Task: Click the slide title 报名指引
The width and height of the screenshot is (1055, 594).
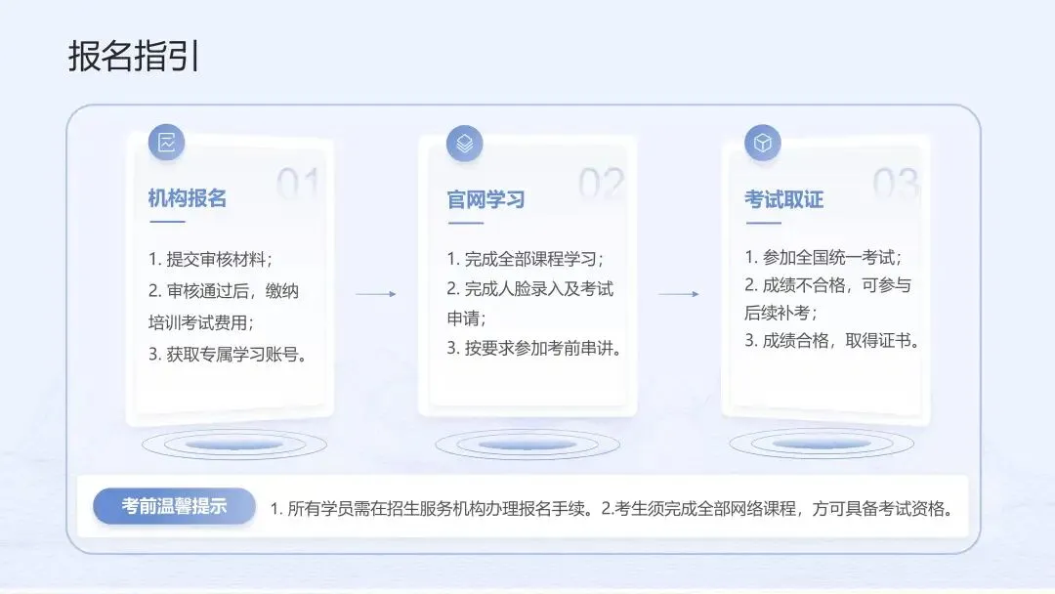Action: point(135,57)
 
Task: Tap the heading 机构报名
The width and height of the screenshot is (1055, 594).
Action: point(188,198)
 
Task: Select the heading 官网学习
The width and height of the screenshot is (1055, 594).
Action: point(486,199)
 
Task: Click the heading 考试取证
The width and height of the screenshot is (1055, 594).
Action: point(784,199)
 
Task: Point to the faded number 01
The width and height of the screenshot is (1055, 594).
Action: point(298,183)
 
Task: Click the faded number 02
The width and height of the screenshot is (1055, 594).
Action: point(601,183)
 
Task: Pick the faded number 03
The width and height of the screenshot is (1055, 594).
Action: point(895,183)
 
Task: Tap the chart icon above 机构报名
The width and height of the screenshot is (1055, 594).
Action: point(166,143)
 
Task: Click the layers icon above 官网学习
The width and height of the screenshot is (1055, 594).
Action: point(465,144)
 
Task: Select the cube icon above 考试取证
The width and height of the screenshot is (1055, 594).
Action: point(763,144)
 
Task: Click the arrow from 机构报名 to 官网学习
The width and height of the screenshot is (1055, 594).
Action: point(375,293)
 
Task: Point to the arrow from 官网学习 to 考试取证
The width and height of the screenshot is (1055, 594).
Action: point(679,293)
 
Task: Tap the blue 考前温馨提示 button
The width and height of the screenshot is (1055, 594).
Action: point(175,506)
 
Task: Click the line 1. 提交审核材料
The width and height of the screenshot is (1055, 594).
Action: point(210,259)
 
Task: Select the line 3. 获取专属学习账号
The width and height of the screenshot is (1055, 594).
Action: point(229,355)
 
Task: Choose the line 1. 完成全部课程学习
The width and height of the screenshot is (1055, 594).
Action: point(526,259)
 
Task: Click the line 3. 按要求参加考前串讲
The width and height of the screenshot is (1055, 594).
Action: point(535,348)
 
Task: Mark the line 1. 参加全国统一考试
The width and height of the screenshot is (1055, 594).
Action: point(823,257)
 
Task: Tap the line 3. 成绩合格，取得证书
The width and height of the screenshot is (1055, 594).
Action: point(832,341)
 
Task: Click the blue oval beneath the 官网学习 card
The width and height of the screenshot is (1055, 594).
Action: point(527,445)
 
